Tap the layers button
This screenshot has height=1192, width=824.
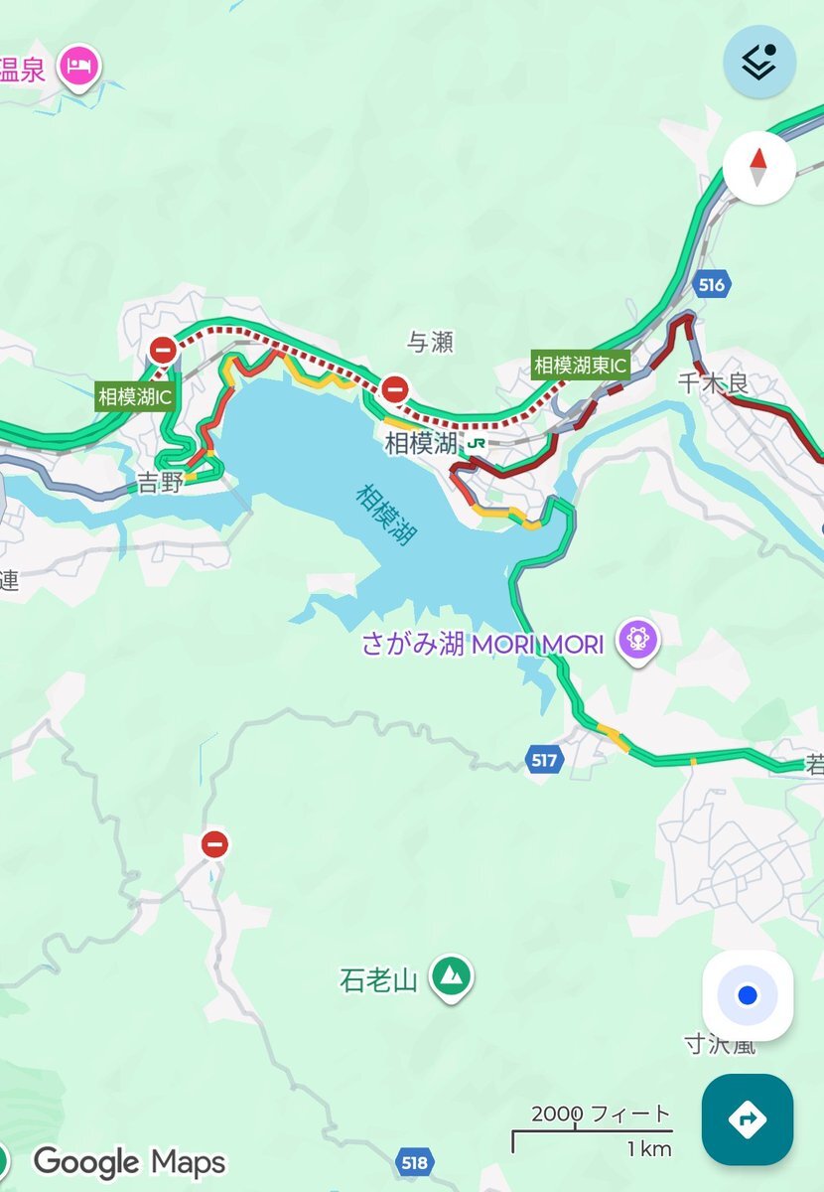click(x=758, y=62)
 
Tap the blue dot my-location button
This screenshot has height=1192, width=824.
click(x=748, y=995)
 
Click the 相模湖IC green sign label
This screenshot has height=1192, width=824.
click(x=135, y=396)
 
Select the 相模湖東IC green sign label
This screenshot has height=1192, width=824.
click(x=581, y=365)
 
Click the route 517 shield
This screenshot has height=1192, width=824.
click(x=543, y=760)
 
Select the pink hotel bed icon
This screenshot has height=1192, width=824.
click(x=79, y=68)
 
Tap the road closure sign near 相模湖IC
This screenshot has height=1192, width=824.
click(x=163, y=350)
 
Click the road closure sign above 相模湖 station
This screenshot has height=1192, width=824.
click(x=395, y=387)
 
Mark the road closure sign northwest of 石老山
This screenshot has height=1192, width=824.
click(x=214, y=844)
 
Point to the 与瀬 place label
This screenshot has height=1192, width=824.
click(x=430, y=343)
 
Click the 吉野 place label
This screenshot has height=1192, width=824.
click(x=161, y=484)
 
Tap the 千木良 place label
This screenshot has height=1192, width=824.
click(x=712, y=382)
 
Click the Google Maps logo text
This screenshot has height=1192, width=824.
click(x=129, y=1161)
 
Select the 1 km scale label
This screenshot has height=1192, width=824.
click(x=648, y=1149)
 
